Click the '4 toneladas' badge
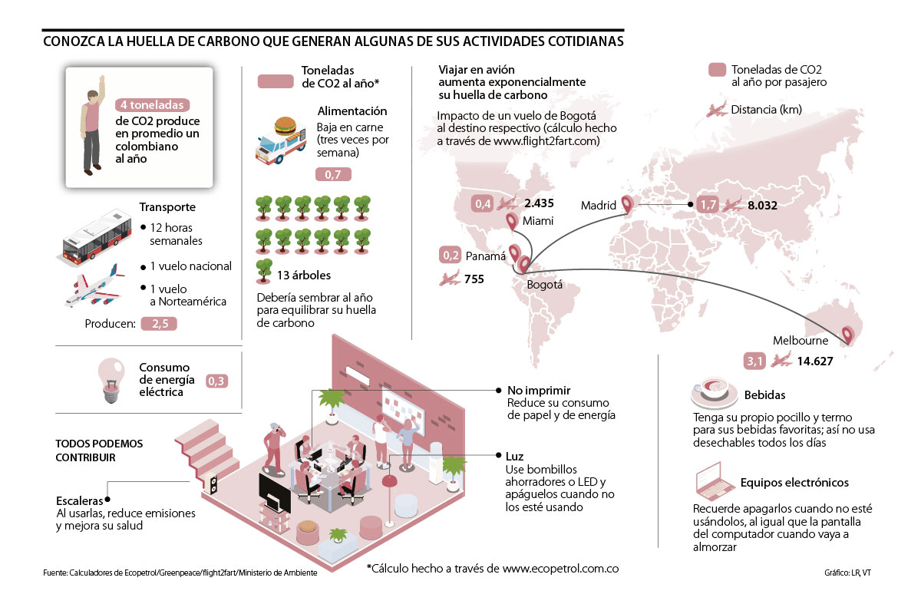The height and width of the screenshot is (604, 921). pos(150,105)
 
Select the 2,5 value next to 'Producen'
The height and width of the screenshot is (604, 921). pos(160,325)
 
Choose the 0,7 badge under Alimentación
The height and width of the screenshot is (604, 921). pos(333,175)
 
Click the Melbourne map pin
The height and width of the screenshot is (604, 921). pos(847,335)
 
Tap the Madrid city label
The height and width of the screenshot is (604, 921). pos(599,206)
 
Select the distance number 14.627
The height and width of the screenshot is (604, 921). pos(812,360)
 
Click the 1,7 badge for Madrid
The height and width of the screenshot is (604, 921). pos(708,205)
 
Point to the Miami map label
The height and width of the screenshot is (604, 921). pos(539,221)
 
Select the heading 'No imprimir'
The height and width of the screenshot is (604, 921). pos(539,390)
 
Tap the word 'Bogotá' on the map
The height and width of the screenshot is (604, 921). pos(545,285)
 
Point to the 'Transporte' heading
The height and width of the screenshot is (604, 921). pos(167,207)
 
